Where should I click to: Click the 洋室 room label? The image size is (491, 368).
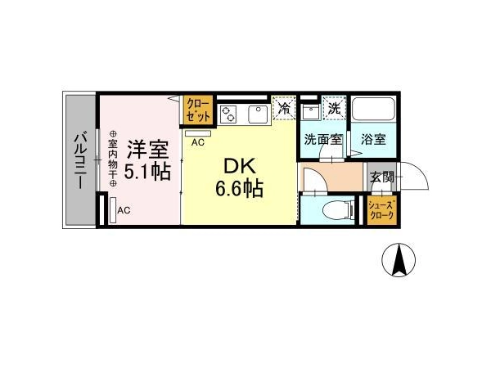point(147,150)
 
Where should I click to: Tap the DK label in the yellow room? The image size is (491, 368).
point(240,167)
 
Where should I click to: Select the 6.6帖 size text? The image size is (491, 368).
point(239,188)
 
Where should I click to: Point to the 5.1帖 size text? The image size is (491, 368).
point(147,171)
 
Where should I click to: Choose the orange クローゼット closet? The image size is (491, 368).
point(198,110)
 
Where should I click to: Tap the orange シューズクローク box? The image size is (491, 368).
point(381,211)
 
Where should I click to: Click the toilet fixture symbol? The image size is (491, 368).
point(338,209)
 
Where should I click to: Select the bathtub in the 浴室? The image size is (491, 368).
point(373,108)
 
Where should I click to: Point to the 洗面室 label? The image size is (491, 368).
point(323,139)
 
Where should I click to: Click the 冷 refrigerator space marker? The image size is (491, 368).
point(284,108)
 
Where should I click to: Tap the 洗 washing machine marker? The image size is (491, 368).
point(335,108)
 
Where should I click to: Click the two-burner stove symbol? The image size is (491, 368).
point(228,114)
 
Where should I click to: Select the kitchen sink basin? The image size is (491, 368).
point(258,114)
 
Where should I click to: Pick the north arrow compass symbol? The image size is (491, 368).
point(399,260)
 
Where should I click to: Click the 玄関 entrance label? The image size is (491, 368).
point(381,177)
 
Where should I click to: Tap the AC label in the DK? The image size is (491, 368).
point(198,142)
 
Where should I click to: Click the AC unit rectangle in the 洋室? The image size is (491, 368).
point(113,209)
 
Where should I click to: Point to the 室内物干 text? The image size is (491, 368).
point(113,159)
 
